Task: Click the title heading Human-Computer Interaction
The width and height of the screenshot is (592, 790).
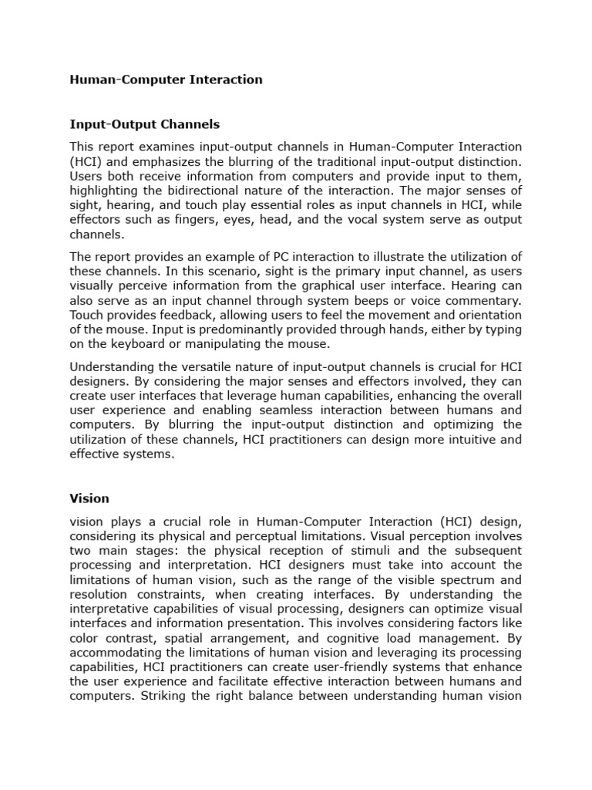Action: coord(166,79)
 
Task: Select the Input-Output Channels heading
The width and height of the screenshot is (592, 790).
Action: coord(144,123)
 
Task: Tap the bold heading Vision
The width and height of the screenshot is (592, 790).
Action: coord(89,498)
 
